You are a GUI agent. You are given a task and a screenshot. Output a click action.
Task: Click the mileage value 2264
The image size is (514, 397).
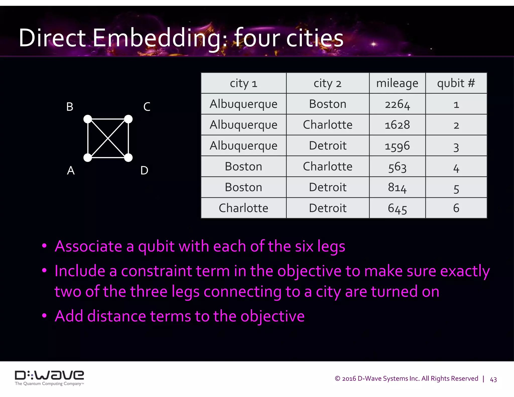coord(397,104)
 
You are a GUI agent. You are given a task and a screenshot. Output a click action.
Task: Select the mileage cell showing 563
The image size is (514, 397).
coord(397,167)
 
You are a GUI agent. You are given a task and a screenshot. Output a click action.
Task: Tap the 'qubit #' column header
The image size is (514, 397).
coord(456,83)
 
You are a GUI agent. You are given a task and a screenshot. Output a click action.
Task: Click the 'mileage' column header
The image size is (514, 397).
coord(397,83)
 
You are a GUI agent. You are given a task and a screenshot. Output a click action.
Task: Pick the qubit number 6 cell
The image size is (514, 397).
coord(456,208)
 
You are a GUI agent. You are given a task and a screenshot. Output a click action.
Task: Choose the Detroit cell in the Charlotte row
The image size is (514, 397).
coord(328,208)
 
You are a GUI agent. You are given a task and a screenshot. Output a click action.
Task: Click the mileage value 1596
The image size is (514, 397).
coord(397,146)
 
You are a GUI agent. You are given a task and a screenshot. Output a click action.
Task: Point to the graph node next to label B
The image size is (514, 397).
coord(88,119)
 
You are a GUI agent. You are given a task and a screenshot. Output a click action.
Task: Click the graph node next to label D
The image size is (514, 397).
coord(128,158)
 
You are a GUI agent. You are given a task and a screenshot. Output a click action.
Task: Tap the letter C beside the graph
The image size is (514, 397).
coord(147,107)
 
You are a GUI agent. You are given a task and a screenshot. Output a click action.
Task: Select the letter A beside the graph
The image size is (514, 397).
coord(71,171)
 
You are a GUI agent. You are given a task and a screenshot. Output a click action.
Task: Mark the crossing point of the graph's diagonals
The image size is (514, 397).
coord(108,138)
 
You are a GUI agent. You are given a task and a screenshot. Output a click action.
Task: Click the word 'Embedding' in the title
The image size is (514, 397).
coord(160,38)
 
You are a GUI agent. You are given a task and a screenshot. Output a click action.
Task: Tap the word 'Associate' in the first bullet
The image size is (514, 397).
coord(88,246)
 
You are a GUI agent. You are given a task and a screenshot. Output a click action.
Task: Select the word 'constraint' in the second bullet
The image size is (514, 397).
coord(156,271)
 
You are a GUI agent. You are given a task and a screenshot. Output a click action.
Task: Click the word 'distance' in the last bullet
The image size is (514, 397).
coord(116,316)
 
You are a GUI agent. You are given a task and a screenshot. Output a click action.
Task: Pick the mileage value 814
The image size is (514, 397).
coord(397,187)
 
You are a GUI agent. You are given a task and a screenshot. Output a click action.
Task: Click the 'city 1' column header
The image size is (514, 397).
coord(243,83)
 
